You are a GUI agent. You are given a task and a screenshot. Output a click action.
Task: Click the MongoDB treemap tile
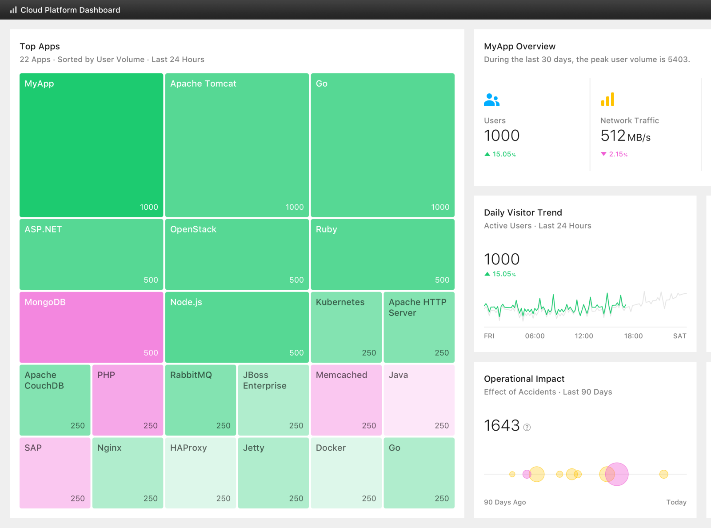click(x=91, y=327)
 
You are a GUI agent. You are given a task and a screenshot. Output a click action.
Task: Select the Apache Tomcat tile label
click(x=203, y=84)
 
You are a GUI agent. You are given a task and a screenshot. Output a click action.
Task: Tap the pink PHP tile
click(x=128, y=400)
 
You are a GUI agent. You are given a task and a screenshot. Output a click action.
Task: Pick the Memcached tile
click(x=346, y=400)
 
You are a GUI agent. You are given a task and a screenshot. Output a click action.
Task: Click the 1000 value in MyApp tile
click(x=149, y=207)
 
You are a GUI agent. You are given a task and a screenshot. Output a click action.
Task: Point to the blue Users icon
click(x=491, y=100)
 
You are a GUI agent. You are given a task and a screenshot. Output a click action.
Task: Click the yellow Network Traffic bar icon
click(x=607, y=100)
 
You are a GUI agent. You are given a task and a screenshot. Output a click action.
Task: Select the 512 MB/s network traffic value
click(x=625, y=136)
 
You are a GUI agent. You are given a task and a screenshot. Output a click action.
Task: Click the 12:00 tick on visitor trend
click(x=584, y=336)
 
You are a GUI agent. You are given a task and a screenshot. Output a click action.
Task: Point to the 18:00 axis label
click(x=633, y=336)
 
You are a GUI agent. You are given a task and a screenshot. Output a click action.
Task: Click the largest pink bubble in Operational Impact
click(x=617, y=474)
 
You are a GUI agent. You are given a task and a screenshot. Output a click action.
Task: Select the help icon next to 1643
click(x=527, y=427)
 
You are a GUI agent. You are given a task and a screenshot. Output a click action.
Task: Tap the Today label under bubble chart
click(x=676, y=502)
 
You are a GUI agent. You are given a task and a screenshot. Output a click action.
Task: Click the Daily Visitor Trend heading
click(x=523, y=212)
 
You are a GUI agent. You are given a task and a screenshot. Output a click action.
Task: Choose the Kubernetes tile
click(x=346, y=327)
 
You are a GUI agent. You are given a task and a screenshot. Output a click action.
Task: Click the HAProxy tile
click(x=200, y=473)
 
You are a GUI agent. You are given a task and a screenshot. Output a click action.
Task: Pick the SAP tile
click(x=55, y=473)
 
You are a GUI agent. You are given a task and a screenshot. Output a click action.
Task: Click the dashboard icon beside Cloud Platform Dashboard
click(x=13, y=10)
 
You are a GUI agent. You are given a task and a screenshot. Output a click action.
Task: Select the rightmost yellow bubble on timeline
click(x=663, y=474)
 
